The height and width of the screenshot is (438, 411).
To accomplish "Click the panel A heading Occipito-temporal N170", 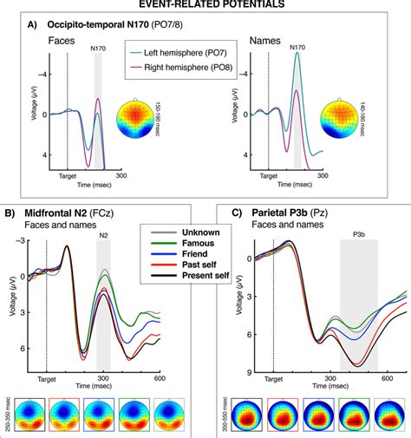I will (x=86, y=23).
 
